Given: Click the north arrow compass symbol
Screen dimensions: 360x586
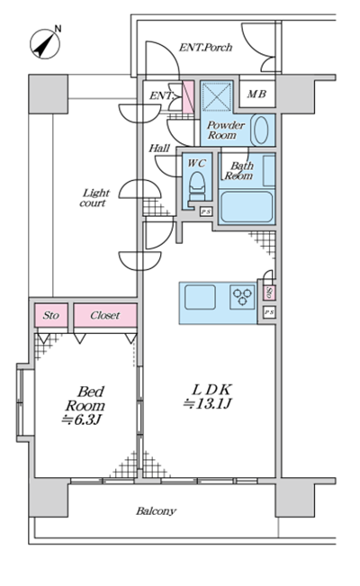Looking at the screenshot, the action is pos(45,43).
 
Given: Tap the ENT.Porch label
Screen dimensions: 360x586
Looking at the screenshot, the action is pos(205,48).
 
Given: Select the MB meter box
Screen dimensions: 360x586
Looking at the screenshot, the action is pos(256,94).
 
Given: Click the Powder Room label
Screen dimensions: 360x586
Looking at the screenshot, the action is pos(226,130).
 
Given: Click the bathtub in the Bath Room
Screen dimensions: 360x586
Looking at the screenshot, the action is pos(247,207).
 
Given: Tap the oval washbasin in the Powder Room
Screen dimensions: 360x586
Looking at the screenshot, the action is pos(261,130).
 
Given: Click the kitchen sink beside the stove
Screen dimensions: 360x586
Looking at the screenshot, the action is pos(200,297).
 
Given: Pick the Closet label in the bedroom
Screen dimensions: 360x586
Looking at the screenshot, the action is pos(105,315).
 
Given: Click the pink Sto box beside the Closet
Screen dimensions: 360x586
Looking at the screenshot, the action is pos(51,315).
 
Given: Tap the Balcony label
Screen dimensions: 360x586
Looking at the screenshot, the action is pos(156,511).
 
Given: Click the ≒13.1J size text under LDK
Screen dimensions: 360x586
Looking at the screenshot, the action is pos(208,404).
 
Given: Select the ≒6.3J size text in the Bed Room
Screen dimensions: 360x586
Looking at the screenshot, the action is pos(82,419).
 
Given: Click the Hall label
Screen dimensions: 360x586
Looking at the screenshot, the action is pos(159,149).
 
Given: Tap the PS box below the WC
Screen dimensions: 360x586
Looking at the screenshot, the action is pos(206,212).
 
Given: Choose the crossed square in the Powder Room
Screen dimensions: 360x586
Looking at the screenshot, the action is pos(217,96).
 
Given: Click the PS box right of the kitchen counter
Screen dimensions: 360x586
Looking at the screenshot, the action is pos(269,312).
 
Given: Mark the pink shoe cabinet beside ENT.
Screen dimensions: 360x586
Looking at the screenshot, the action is pos(188,97).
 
